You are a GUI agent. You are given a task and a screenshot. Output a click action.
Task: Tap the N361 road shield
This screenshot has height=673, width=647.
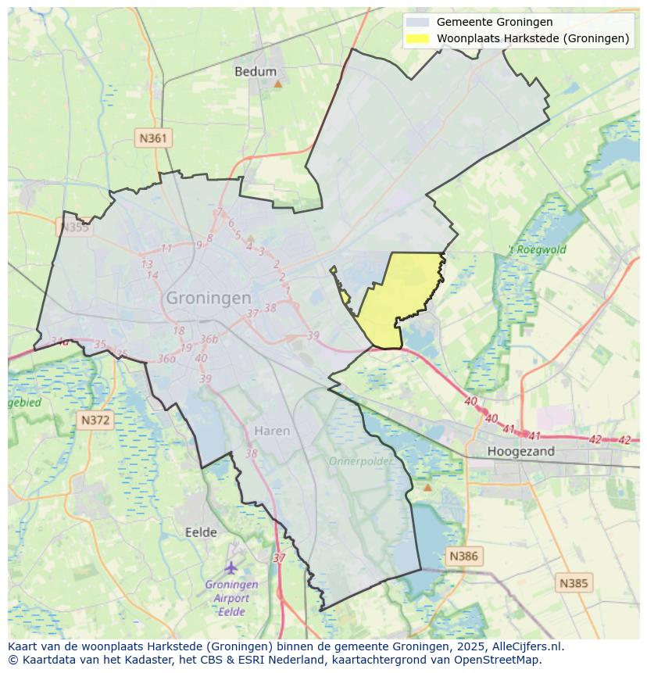point(152,138)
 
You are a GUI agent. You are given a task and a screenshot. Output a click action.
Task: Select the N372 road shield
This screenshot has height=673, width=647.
point(96,421)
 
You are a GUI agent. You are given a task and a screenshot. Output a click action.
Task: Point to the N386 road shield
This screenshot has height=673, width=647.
point(463,557)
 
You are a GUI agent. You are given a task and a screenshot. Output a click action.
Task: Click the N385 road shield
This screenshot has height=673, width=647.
point(574,582)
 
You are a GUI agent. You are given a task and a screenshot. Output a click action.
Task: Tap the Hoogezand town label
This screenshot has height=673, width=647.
point(520,451)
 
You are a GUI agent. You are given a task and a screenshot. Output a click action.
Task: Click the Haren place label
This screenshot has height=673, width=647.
point(272,431)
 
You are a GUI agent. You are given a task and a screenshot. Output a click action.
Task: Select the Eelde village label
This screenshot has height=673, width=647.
point(201,532)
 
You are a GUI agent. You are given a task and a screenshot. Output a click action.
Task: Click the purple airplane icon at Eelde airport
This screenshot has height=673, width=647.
point(231,567)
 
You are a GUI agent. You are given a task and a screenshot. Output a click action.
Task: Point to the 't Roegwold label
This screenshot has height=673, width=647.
point(538,250)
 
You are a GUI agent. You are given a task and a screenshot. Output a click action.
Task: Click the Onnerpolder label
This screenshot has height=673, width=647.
point(360,461)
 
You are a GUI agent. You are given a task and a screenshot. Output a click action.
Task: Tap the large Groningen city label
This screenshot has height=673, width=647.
point(209,298)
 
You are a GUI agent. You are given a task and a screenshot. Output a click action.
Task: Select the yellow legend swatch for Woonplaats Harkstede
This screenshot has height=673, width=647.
point(418,38)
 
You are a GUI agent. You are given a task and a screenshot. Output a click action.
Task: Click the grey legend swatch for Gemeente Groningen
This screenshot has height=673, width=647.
point(418,22)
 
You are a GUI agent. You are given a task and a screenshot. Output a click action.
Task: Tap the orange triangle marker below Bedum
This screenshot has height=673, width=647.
point(277,83)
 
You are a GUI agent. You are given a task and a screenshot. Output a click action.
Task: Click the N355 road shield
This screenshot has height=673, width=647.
point(74,227)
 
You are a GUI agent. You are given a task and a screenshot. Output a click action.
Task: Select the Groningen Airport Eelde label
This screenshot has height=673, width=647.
point(231,598)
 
